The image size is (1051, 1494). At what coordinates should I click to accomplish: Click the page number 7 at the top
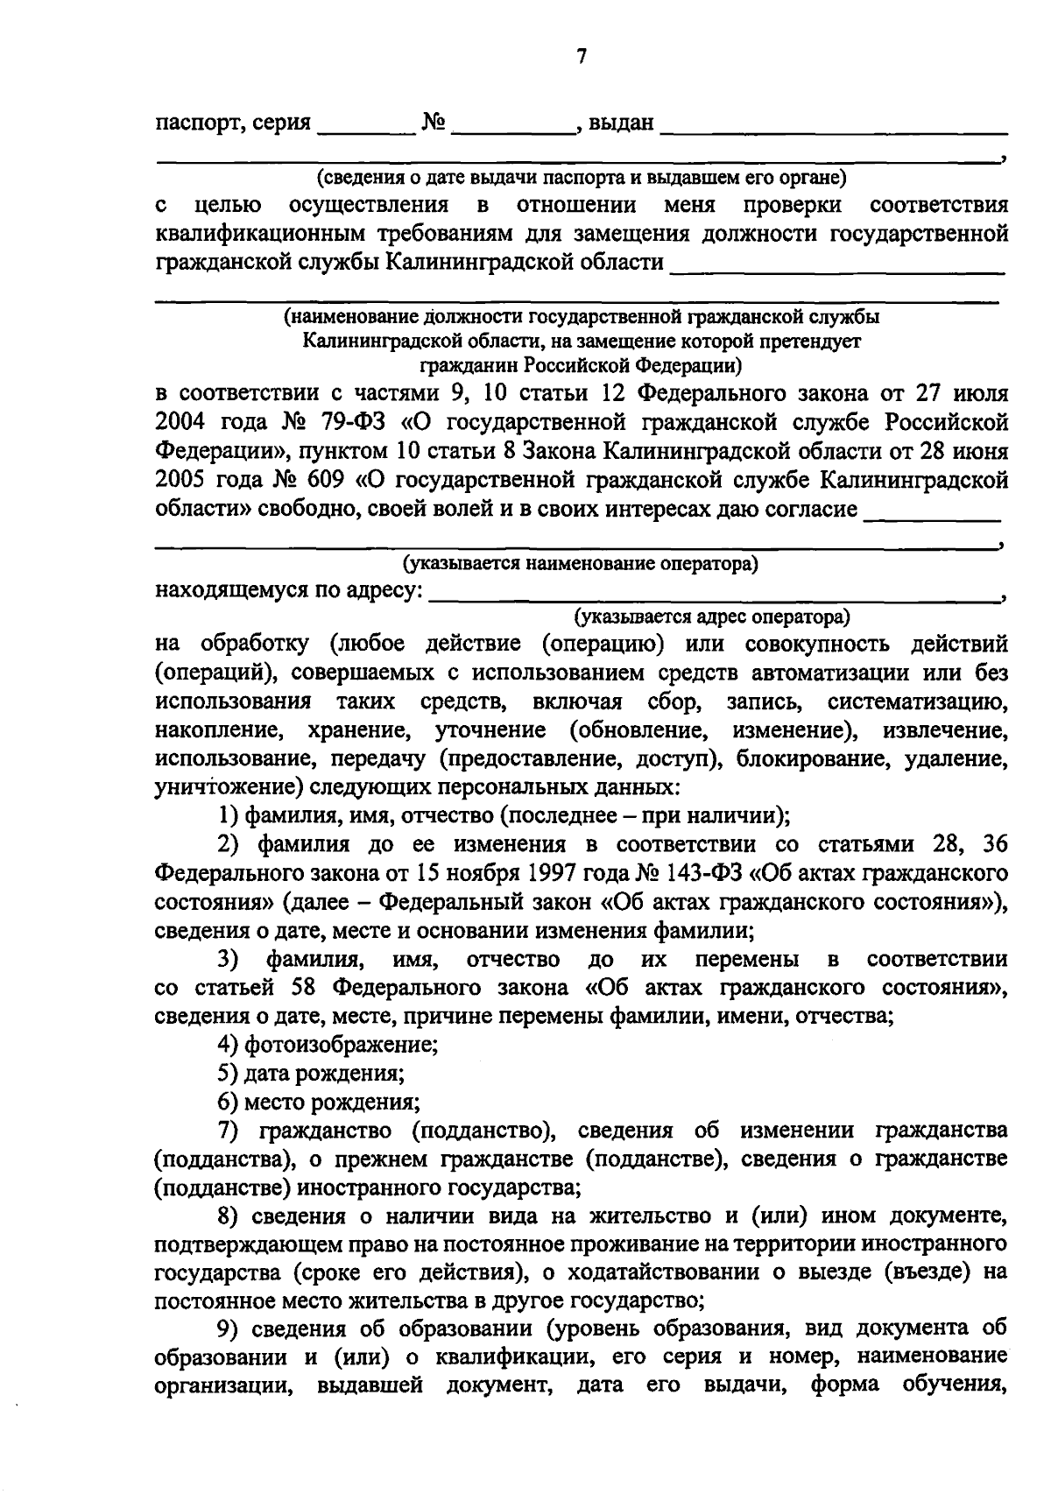581,57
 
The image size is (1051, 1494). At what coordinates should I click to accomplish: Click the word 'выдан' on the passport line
621,123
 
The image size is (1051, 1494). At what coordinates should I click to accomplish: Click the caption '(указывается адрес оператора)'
711,617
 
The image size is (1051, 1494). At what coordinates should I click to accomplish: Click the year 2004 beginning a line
180,422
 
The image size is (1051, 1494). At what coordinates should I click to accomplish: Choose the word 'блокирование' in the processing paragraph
821,758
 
